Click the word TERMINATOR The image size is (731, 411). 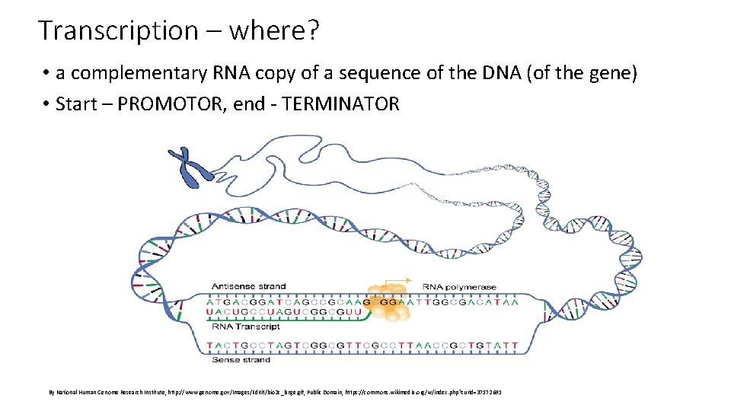pos(340,104)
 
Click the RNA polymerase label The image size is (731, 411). pos(459,287)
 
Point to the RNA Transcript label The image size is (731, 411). pos(245,327)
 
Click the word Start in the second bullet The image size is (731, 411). pos(76,104)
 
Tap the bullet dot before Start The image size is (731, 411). pos(46,104)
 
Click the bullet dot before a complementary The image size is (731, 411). pos(46,74)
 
